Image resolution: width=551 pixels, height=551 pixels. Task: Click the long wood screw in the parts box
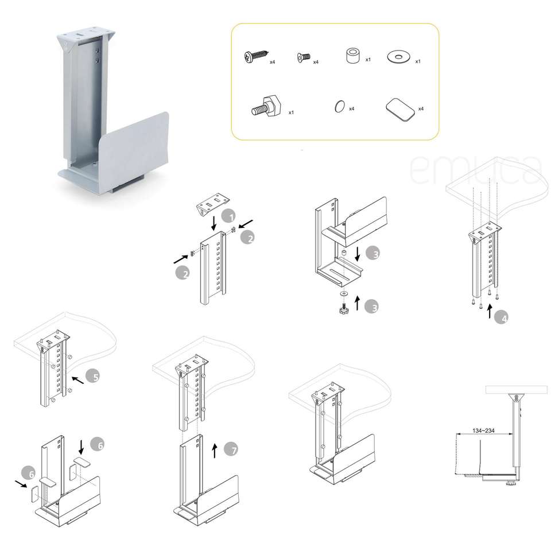(x=256, y=57)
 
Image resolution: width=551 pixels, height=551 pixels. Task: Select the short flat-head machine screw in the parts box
(x=304, y=57)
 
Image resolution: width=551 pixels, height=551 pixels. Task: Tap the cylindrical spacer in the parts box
(x=352, y=56)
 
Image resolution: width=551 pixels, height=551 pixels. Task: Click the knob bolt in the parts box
(x=267, y=107)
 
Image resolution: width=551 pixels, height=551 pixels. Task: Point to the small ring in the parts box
(x=339, y=106)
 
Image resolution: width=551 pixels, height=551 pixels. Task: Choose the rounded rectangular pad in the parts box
(x=400, y=110)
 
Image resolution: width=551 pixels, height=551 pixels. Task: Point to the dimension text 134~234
(x=483, y=430)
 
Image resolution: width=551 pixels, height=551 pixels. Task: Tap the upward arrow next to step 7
(x=215, y=451)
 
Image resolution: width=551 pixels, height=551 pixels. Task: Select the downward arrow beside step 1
(x=214, y=223)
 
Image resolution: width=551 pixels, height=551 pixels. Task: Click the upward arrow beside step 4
(x=490, y=311)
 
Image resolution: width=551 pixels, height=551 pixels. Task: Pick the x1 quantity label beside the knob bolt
(x=291, y=112)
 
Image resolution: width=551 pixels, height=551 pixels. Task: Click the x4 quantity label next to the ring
(x=351, y=109)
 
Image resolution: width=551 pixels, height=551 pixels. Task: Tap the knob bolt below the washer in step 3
(x=342, y=308)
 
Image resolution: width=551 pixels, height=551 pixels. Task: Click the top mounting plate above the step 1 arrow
(x=212, y=203)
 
